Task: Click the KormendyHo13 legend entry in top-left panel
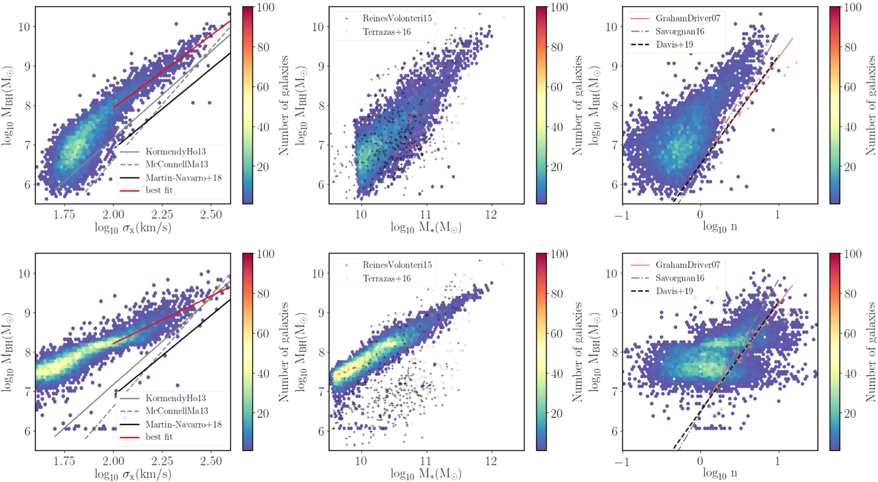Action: click(x=176, y=152)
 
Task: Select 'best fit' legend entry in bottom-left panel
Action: click(x=159, y=437)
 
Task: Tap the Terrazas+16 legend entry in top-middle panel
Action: click(x=387, y=32)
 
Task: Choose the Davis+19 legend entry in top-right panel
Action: click(x=674, y=44)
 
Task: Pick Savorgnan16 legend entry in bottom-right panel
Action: click(x=680, y=278)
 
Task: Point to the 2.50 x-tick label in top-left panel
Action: click(x=211, y=214)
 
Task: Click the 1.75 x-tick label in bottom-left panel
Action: click(x=64, y=461)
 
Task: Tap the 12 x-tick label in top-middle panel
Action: click(x=491, y=214)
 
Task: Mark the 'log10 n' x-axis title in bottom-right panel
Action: click(x=720, y=473)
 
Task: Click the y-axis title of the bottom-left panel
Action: click(x=8, y=352)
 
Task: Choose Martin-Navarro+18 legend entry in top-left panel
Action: click(x=183, y=178)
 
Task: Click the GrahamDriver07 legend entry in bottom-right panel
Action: click(x=688, y=265)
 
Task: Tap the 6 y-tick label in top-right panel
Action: click(x=615, y=185)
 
